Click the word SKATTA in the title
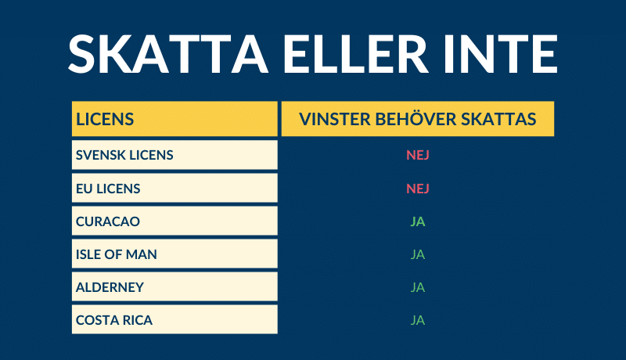point(168,54)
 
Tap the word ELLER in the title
point(356,54)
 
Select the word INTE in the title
point(501,54)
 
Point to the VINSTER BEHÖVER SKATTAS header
point(418,119)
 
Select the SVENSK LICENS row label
point(124,155)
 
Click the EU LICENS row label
point(108,189)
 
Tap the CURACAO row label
point(108,221)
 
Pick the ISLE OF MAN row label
point(116,254)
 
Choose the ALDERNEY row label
point(110,287)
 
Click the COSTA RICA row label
point(114,320)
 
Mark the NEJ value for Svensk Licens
point(418,155)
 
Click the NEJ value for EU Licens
point(418,189)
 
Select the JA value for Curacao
point(418,221)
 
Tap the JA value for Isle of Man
point(418,254)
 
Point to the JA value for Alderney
point(418,287)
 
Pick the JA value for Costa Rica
point(418,320)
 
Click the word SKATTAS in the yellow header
point(498,119)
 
